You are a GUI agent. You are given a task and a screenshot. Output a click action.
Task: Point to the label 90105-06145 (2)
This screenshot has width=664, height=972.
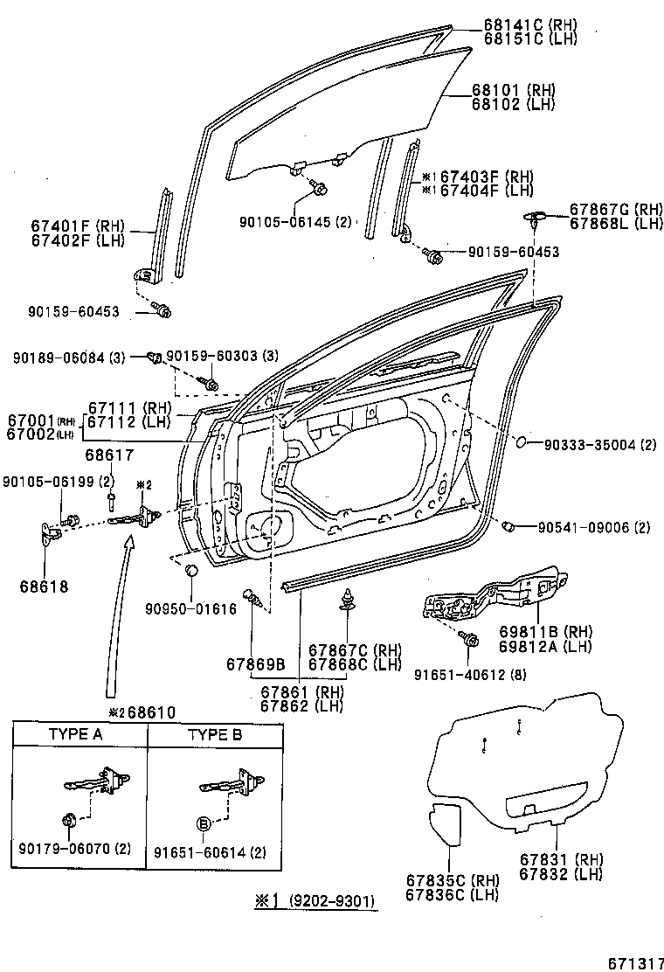coord(294,222)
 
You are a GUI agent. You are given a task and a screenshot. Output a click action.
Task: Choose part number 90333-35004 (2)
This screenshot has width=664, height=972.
coord(599,445)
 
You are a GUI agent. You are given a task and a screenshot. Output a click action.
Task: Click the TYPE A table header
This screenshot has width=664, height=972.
coord(75,734)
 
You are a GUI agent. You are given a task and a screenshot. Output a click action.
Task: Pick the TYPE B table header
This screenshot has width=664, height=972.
coord(215,734)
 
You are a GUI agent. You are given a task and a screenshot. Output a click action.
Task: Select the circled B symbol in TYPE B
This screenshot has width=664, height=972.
coord(204,823)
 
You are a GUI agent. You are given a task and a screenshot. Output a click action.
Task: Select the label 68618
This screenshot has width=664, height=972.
coord(45,587)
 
